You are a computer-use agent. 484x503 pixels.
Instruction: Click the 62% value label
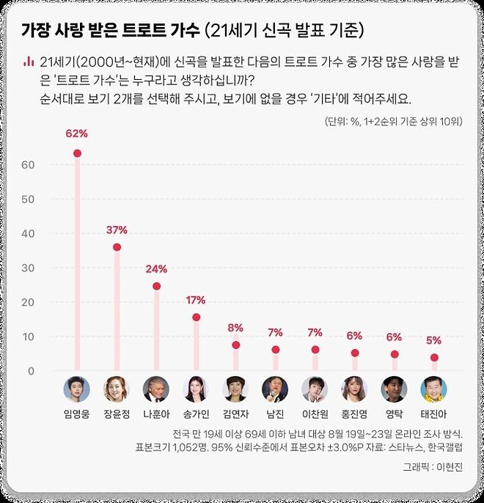[77, 134]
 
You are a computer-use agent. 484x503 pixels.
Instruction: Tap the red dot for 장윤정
[117, 247]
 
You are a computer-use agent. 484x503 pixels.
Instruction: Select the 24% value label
[156, 268]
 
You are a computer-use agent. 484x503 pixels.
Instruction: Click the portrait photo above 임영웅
[77, 389]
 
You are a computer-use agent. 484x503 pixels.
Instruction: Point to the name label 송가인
[196, 415]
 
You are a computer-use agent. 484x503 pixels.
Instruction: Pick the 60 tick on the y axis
[29, 165]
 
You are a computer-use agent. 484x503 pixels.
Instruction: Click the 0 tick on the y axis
[32, 371]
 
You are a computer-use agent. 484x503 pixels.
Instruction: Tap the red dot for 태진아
[434, 358]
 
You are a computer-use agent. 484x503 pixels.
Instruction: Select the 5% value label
[434, 340]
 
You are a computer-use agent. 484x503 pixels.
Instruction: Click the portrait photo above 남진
[275, 389]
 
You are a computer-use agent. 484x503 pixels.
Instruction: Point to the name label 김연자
[235, 415]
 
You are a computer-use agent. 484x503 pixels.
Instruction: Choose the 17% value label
[196, 300]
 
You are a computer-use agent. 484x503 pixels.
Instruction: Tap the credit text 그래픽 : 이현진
[433, 466]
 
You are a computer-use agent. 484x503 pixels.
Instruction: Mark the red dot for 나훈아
[156, 286]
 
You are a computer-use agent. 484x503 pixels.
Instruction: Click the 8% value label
[235, 328]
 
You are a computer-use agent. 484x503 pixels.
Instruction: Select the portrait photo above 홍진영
[355, 389]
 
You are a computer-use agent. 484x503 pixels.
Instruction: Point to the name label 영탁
[395, 415]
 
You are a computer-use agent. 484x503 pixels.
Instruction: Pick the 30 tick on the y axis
[29, 268]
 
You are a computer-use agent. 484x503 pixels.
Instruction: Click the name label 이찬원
[315, 415]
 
